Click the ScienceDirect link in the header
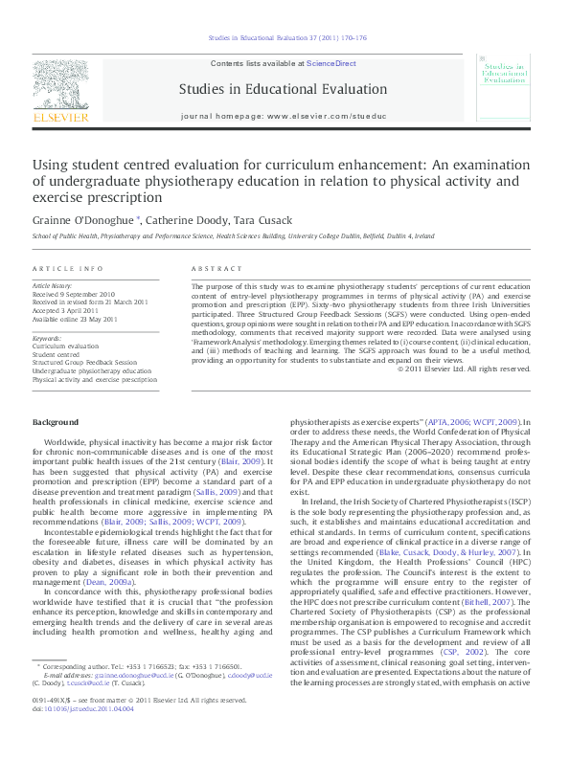click(x=331, y=63)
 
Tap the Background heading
click(x=57, y=422)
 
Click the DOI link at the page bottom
click(x=74, y=738)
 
